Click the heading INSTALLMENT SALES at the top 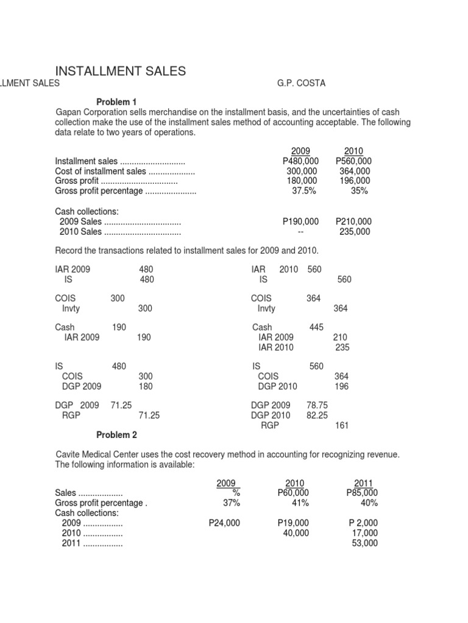pyautogui.click(x=121, y=71)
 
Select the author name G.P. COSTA pyautogui.click(x=301, y=83)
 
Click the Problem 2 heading pyautogui.click(x=117, y=434)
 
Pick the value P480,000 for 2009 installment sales pyautogui.click(x=300, y=161)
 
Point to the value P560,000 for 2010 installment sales pyautogui.click(x=353, y=161)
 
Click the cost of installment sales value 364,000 pyautogui.click(x=355, y=171)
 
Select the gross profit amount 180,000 pyautogui.click(x=302, y=181)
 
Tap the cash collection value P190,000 pyautogui.click(x=300, y=221)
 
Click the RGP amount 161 pyautogui.click(x=342, y=425)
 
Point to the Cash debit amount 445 pyautogui.click(x=316, y=327)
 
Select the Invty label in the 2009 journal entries pyautogui.click(x=71, y=308)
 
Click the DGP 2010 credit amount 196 pyautogui.click(x=342, y=386)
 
